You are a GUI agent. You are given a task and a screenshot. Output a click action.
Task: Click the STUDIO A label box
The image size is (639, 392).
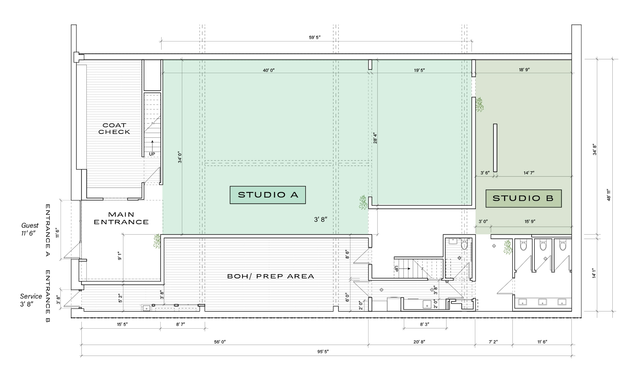click(268, 195)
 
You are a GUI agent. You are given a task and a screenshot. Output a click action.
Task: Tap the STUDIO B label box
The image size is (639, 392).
click(523, 199)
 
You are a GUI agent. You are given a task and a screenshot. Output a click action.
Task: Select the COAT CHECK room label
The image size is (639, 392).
click(114, 129)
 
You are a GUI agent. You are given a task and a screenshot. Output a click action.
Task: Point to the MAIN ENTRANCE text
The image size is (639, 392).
click(121, 218)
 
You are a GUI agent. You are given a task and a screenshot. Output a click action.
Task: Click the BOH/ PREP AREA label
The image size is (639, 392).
click(270, 276)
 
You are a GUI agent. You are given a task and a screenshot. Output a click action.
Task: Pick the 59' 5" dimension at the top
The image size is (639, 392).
click(315, 38)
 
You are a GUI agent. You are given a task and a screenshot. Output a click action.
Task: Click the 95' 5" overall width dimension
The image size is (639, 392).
click(323, 352)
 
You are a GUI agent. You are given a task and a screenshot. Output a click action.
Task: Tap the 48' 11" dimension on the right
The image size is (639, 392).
click(609, 195)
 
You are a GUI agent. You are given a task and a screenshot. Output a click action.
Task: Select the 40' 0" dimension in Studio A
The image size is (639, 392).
click(269, 71)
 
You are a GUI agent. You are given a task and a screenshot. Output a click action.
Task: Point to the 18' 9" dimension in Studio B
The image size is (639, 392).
click(524, 70)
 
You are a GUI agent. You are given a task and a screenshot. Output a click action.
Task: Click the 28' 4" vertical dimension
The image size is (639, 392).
click(375, 138)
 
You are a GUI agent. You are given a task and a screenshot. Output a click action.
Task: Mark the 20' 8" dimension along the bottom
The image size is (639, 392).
click(419, 342)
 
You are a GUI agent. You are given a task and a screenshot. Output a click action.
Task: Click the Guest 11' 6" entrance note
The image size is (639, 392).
click(30, 229)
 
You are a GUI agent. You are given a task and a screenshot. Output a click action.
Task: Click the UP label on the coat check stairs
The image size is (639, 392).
click(152, 154)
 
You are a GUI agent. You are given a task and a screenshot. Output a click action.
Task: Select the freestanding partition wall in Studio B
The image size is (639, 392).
click(495, 148)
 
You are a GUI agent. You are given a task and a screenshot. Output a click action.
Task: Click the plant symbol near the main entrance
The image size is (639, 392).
click(157, 241)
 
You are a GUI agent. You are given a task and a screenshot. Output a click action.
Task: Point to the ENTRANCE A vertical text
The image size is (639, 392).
click(48, 230)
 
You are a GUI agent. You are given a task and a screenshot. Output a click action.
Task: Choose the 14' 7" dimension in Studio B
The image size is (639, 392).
click(529, 173)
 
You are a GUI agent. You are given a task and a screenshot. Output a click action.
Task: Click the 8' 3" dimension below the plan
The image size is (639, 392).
click(425, 324)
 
